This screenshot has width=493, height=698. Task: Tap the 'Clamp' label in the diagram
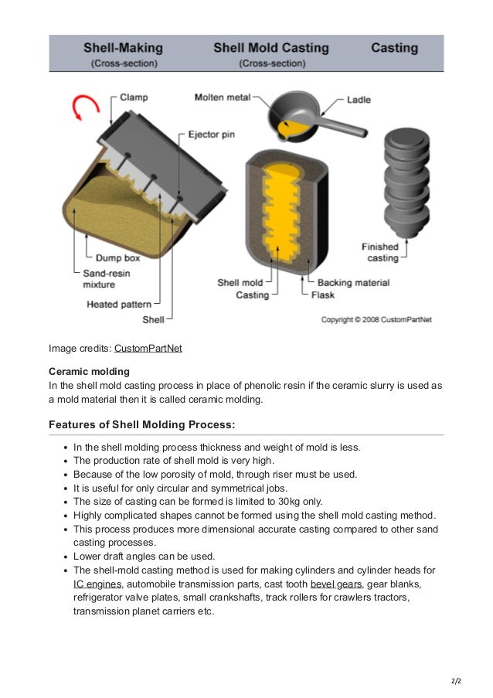(135, 98)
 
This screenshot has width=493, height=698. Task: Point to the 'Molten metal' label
(221, 98)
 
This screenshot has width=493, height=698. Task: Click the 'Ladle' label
(359, 100)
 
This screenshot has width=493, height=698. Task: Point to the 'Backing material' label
(353, 283)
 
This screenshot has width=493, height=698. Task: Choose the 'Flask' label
(323, 295)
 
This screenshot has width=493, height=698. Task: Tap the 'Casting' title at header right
(394, 48)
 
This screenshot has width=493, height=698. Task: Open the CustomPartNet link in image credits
(148, 348)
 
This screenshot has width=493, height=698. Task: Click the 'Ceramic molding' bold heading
(89, 371)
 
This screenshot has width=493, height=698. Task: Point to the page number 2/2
(454, 682)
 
